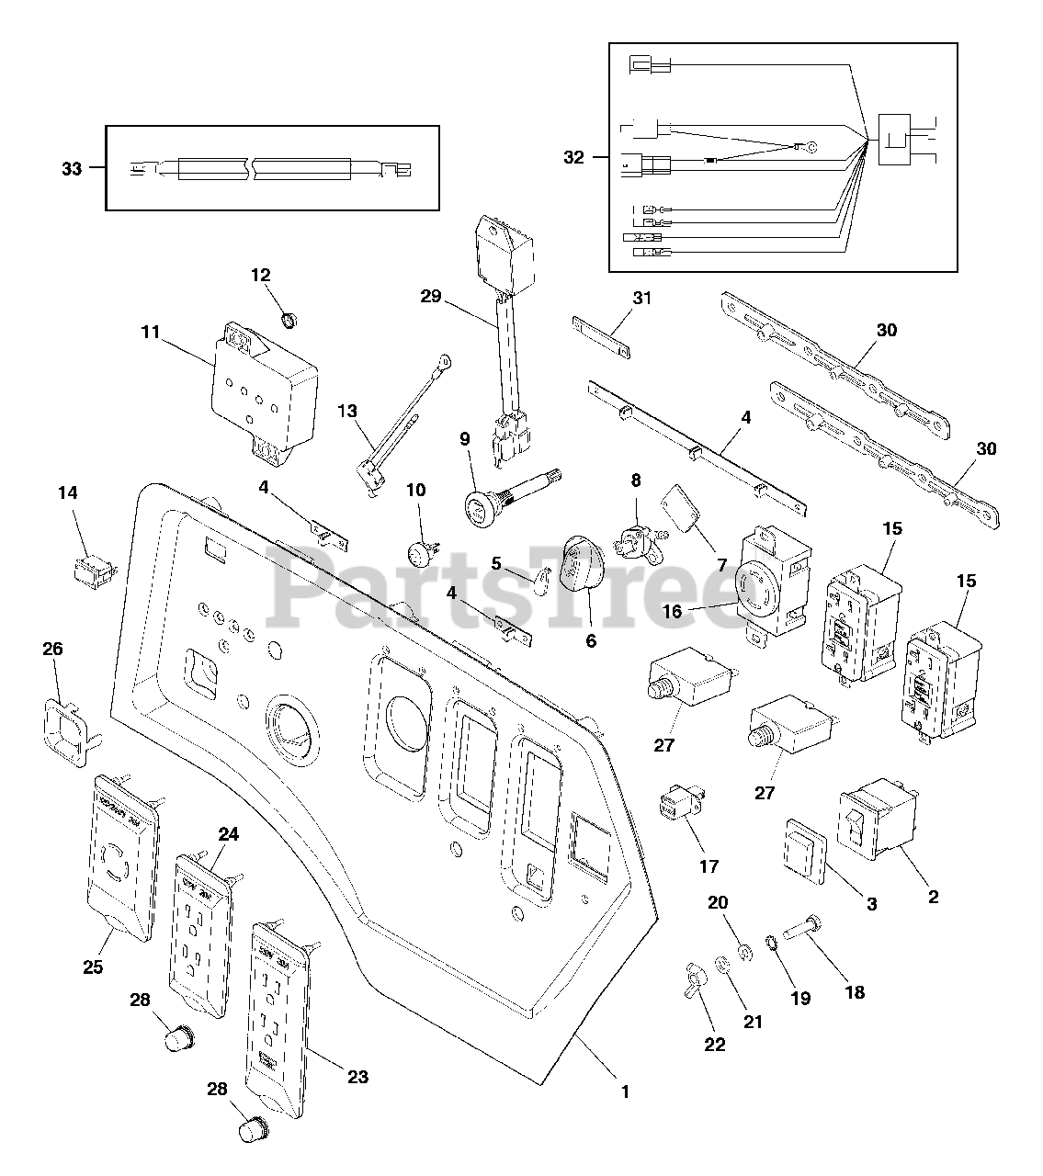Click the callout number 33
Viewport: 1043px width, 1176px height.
click(x=72, y=169)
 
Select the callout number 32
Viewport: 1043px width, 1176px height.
click(x=573, y=157)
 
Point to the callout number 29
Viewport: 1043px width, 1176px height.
click(x=430, y=297)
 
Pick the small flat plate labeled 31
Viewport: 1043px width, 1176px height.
click(x=602, y=337)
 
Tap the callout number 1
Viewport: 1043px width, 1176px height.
click(x=625, y=1091)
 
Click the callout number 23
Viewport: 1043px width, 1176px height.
click(x=357, y=1076)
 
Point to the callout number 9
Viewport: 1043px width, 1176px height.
click(x=465, y=439)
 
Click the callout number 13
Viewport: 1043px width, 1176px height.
click(x=347, y=412)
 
